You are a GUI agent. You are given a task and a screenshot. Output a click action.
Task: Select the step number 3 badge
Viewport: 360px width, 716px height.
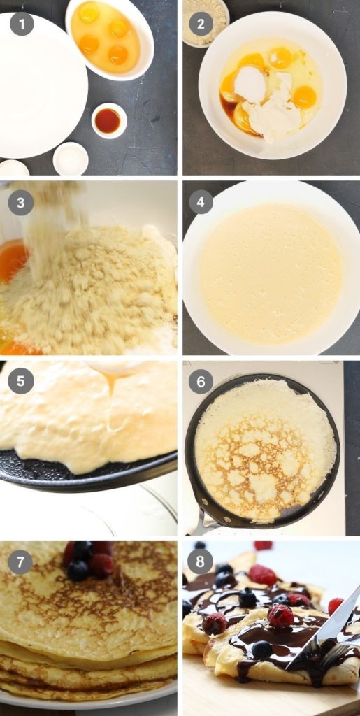coord(21,203)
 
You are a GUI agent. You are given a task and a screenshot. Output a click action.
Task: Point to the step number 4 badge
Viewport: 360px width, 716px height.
coord(201,203)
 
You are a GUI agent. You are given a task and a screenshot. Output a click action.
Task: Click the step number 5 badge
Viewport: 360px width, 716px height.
coord(21,381)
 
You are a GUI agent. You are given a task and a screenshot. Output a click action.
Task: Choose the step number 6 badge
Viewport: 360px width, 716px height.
coord(201,381)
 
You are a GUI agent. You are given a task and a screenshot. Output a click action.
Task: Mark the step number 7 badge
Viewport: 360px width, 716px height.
coord(21,561)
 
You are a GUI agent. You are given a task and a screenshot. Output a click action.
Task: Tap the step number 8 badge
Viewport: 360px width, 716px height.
coord(201,561)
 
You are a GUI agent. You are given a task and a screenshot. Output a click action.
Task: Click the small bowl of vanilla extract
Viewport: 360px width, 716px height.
coord(108,120)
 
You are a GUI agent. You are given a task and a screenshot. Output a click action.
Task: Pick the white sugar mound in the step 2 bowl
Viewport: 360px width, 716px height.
coord(250,84)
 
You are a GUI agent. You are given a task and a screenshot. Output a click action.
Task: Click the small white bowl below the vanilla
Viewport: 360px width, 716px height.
coord(71,158)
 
